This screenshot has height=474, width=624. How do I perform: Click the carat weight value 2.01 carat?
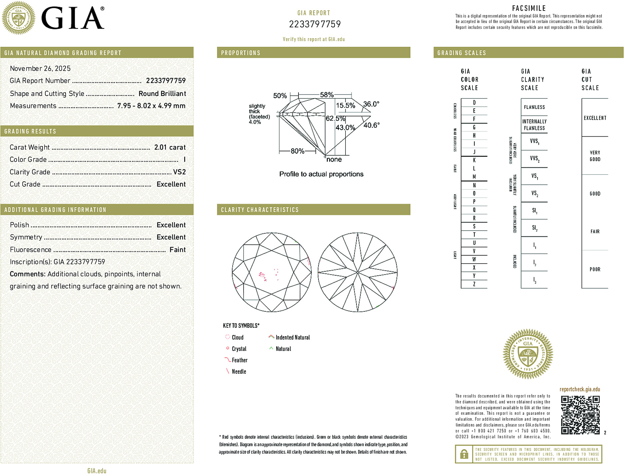(x=170, y=147)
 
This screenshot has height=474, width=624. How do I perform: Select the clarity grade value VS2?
(x=179, y=172)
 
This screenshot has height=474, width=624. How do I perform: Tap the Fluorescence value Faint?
(x=177, y=250)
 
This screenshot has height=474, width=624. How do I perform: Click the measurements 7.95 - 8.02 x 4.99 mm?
(x=151, y=106)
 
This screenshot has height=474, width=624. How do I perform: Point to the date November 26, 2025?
(x=40, y=68)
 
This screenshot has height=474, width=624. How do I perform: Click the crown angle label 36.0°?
(x=371, y=104)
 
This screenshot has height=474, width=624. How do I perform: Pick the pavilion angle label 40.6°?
(x=371, y=125)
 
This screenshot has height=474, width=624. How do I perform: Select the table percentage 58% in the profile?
(x=326, y=95)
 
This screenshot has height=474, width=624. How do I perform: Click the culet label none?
(x=334, y=159)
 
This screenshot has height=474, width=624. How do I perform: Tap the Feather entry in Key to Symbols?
(x=239, y=360)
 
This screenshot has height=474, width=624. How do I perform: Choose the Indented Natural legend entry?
(x=292, y=337)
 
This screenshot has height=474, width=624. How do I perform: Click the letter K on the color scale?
(x=474, y=160)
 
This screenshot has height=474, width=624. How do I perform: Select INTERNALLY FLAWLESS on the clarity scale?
(x=534, y=125)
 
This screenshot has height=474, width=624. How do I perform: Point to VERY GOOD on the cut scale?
(x=595, y=156)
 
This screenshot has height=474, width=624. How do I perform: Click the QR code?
(x=580, y=415)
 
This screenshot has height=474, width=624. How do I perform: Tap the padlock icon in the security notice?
(x=464, y=454)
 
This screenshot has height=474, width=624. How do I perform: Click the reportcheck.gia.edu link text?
(x=580, y=389)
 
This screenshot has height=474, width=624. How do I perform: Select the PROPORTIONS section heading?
(x=241, y=53)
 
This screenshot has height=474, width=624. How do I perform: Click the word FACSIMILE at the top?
(x=529, y=8)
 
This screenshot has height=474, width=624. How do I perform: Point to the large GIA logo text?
(x=73, y=18)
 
